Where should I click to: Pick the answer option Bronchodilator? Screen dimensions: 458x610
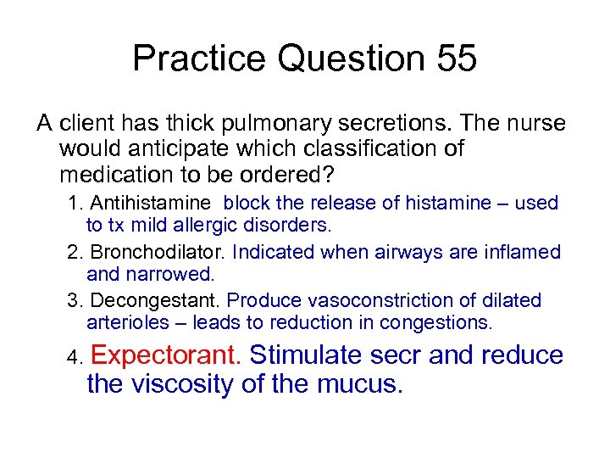pos(158,253)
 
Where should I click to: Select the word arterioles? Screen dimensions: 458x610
pos(136,323)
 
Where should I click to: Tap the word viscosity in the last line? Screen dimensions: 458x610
pos(182,384)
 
